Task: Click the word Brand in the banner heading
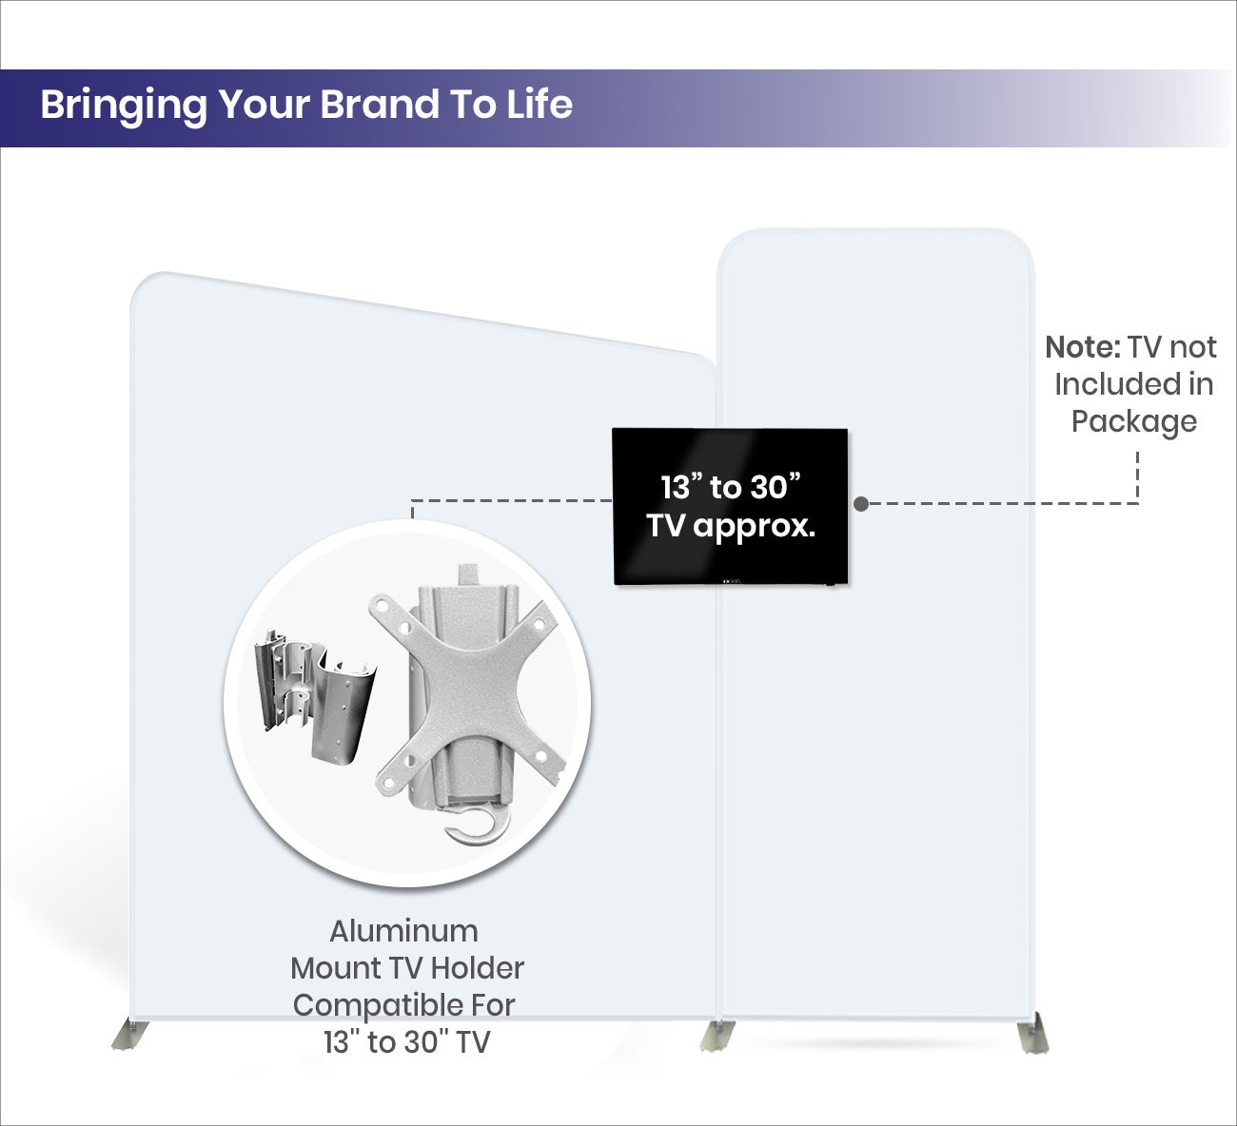381,105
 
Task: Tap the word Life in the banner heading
540,105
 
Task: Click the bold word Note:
1083,348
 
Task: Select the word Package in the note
1134,423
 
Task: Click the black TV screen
731,507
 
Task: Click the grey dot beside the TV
861,504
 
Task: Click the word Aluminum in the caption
403,931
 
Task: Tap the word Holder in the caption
478,968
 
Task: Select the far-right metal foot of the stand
1033,1034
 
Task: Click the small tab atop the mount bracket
469,575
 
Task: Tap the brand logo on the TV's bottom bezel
735,580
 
